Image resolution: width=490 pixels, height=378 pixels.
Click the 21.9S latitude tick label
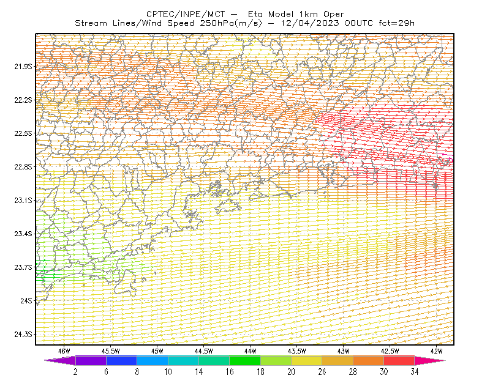[23, 67]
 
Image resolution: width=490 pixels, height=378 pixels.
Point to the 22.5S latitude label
[23, 133]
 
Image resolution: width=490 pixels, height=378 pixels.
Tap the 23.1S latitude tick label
[23, 200]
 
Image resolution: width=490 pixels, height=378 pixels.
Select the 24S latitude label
[26, 300]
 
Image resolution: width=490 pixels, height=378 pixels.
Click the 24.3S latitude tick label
[23, 335]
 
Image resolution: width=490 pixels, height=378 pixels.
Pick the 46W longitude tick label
[64, 351]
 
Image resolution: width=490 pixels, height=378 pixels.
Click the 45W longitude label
[157, 351]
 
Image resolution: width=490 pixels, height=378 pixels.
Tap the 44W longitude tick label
[251, 351]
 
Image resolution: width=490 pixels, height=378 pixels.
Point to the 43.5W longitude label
[297, 351]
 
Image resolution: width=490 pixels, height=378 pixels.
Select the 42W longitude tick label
[437, 351]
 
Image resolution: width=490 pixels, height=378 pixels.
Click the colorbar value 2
[75, 372]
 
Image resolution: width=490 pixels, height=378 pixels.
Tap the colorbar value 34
[415, 372]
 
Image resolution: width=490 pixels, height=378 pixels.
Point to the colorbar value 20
[292, 372]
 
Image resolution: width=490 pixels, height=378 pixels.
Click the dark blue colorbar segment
[121, 360]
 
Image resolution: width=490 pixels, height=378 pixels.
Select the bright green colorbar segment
[245, 360]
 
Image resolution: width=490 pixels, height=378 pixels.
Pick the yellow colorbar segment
[307, 360]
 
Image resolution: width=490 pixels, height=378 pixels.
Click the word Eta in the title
[255, 14]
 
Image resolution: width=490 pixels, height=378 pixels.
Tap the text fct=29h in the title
[396, 23]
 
